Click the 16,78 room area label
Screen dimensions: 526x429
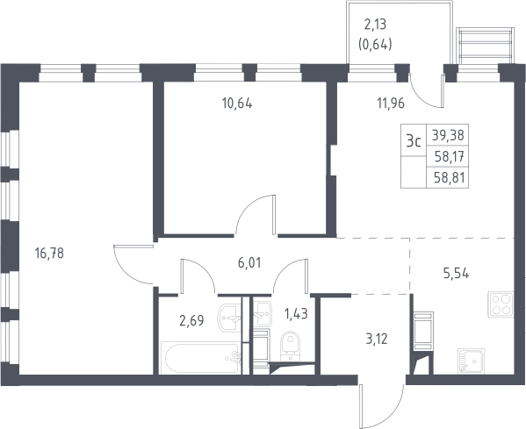click(x=49, y=253)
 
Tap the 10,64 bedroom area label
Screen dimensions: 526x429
click(x=237, y=104)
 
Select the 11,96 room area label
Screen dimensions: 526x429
click(x=391, y=104)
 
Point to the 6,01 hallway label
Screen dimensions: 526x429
click(x=249, y=263)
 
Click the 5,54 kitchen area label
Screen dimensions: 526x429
click(x=457, y=274)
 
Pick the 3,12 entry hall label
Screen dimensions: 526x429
click(x=377, y=340)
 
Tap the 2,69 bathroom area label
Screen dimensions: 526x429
click(x=191, y=321)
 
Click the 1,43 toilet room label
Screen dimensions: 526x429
click(x=296, y=314)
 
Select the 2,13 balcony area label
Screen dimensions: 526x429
click(x=375, y=25)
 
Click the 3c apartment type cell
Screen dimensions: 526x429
click(x=414, y=142)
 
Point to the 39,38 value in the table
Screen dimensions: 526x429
click(x=448, y=135)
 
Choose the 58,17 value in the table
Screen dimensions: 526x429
click(x=450, y=156)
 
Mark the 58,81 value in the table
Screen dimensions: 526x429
click(x=450, y=177)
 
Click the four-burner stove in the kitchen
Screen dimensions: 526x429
click(x=501, y=304)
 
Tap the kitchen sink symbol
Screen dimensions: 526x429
click(x=471, y=361)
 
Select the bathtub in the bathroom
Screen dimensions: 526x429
click(x=201, y=358)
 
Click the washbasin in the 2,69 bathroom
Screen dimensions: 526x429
click(x=229, y=318)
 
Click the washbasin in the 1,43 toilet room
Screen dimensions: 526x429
click(x=262, y=314)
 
